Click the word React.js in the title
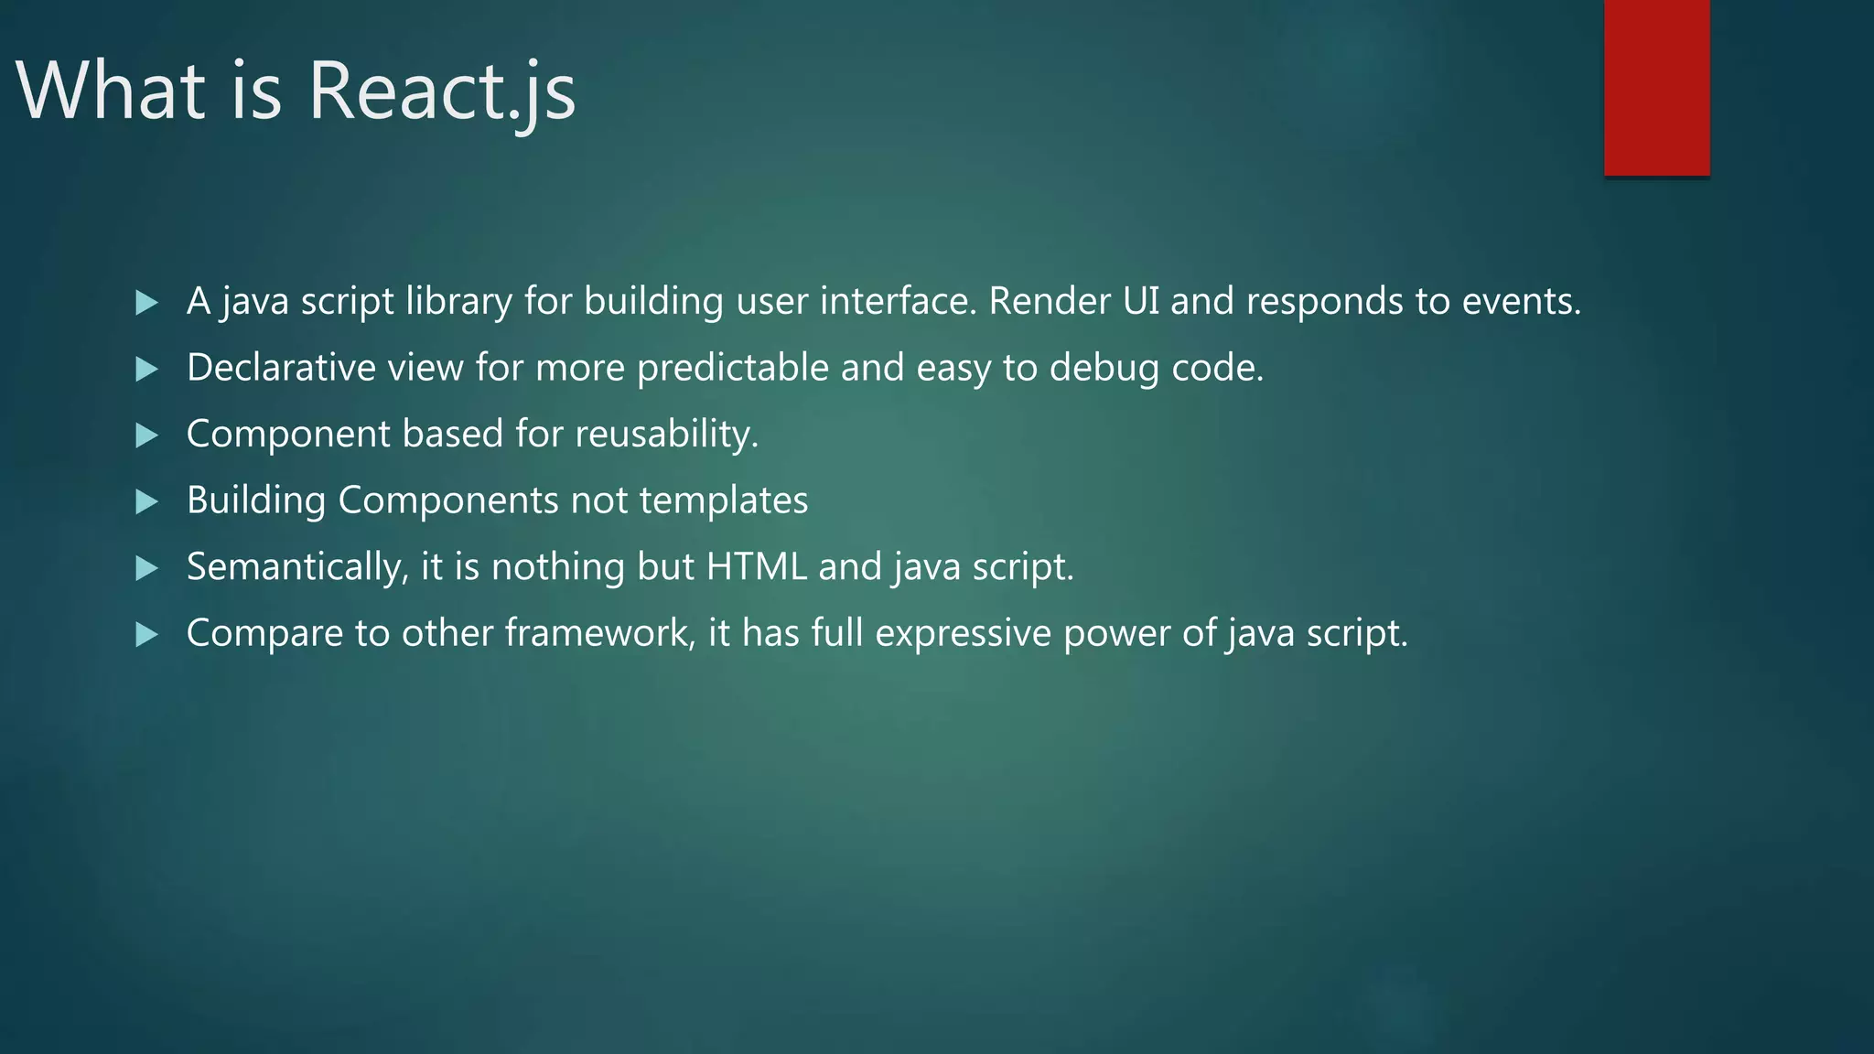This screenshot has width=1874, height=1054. click(x=441, y=91)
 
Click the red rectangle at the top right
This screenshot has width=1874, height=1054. click(x=1656, y=87)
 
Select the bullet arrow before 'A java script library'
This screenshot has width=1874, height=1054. click(x=146, y=303)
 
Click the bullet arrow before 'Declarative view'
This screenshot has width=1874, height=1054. click(x=146, y=370)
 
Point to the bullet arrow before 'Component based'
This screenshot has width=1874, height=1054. click(x=146, y=436)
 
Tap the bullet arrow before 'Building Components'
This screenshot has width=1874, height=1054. click(x=146, y=502)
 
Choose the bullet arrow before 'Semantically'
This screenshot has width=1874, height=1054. click(x=146, y=569)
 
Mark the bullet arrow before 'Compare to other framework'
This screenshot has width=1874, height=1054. click(x=146, y=635)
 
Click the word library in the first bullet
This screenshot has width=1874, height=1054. click(x=458, y=302)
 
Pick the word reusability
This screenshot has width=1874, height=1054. click(x=666, y=435)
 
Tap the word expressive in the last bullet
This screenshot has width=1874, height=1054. click(x=963, y=633)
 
